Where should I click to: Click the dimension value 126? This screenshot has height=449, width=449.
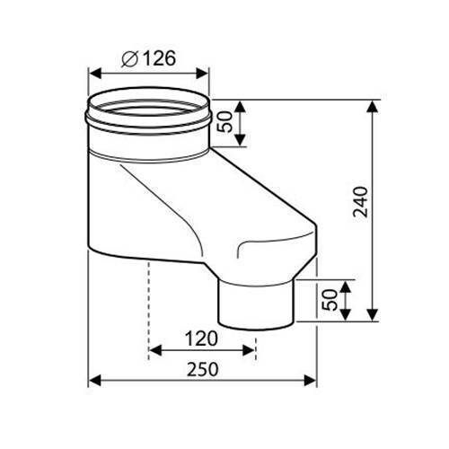[158, 59]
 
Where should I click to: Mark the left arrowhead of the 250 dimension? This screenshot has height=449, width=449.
[94, 380]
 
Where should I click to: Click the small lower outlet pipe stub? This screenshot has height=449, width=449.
[258, 301]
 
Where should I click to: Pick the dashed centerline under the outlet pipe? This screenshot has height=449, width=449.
[257, 339]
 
